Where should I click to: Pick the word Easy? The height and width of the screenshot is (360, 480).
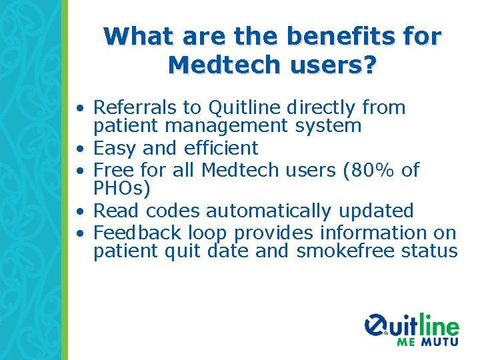(x=115, y=148)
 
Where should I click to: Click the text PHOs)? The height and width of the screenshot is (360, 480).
(x=122, y=188)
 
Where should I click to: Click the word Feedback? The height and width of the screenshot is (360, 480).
(x=137, y=233)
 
